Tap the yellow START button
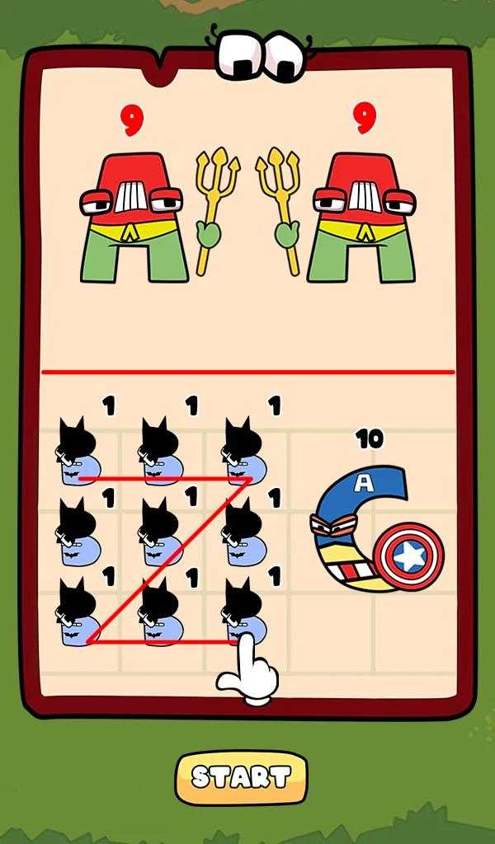pos(241,777)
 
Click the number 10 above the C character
pos(370,440)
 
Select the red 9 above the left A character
pos(131,120)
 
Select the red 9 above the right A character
pos(365,119)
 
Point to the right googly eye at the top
pos(284,57)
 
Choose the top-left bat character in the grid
pos(78,451)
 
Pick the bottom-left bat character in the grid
pos(78,612)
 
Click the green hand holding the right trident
pos(287,235)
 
